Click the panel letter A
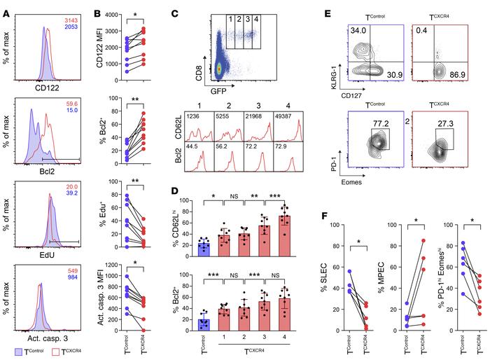point(6,6)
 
